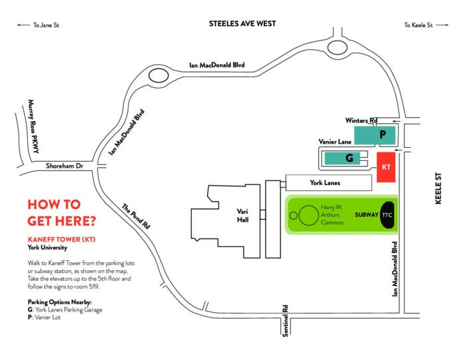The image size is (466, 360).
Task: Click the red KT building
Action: (386, 167)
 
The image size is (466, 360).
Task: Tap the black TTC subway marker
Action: (387, 215)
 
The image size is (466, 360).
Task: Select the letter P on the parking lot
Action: (383, 134)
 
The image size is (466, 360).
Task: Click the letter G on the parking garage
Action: (349, 158)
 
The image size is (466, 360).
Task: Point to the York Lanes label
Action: (325, 183)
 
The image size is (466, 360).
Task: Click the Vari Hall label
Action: (242, 216)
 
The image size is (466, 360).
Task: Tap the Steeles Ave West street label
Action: (242, 24)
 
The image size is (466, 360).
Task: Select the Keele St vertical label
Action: (438, 188)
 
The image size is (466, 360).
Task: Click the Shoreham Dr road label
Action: (65, 166)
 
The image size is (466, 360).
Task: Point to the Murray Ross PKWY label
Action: (33, 126)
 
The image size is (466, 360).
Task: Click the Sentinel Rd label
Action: (286, 321)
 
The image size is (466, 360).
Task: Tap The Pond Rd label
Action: (136, 216)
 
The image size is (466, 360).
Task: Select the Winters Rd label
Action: (361, 120)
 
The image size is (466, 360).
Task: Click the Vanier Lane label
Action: (335, 142)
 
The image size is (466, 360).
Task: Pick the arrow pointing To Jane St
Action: (23, 25)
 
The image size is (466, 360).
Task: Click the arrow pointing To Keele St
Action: (442, 25)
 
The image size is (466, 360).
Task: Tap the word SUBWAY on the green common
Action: (366, 215)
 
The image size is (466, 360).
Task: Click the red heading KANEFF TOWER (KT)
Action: (61, 240)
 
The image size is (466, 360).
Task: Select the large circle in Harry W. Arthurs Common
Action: (308, 216)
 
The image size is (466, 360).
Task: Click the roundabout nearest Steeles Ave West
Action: (338, 48)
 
